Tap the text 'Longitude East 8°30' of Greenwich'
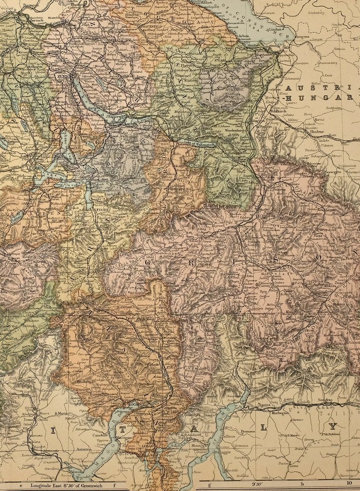pyautogui.click(x=66, y=484)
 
